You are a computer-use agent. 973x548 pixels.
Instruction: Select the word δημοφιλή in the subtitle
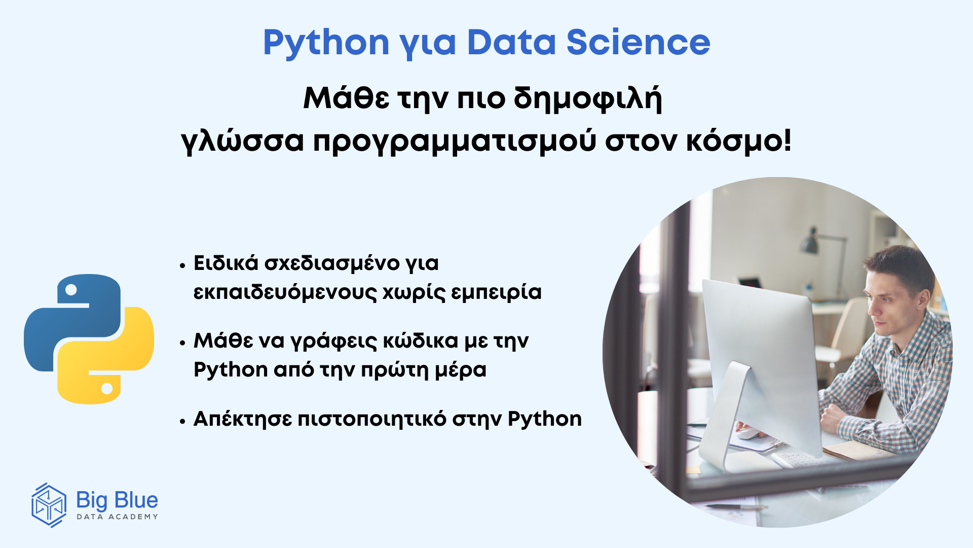click(x=588, y=99)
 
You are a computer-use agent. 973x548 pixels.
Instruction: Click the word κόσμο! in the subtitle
click(x=739, y=141)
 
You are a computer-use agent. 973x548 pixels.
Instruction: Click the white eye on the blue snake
click(x=71, y=290)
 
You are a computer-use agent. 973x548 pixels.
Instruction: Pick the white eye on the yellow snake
click(x=107, y=388)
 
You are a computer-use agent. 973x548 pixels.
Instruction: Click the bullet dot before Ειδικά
click(x=183, y=265)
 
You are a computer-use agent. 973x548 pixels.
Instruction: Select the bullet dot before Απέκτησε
click(x=183, y=421)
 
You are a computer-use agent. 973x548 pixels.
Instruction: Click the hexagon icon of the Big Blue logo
click(x=49, y=505)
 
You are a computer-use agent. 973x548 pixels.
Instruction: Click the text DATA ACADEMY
click(x=117, y=517)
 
